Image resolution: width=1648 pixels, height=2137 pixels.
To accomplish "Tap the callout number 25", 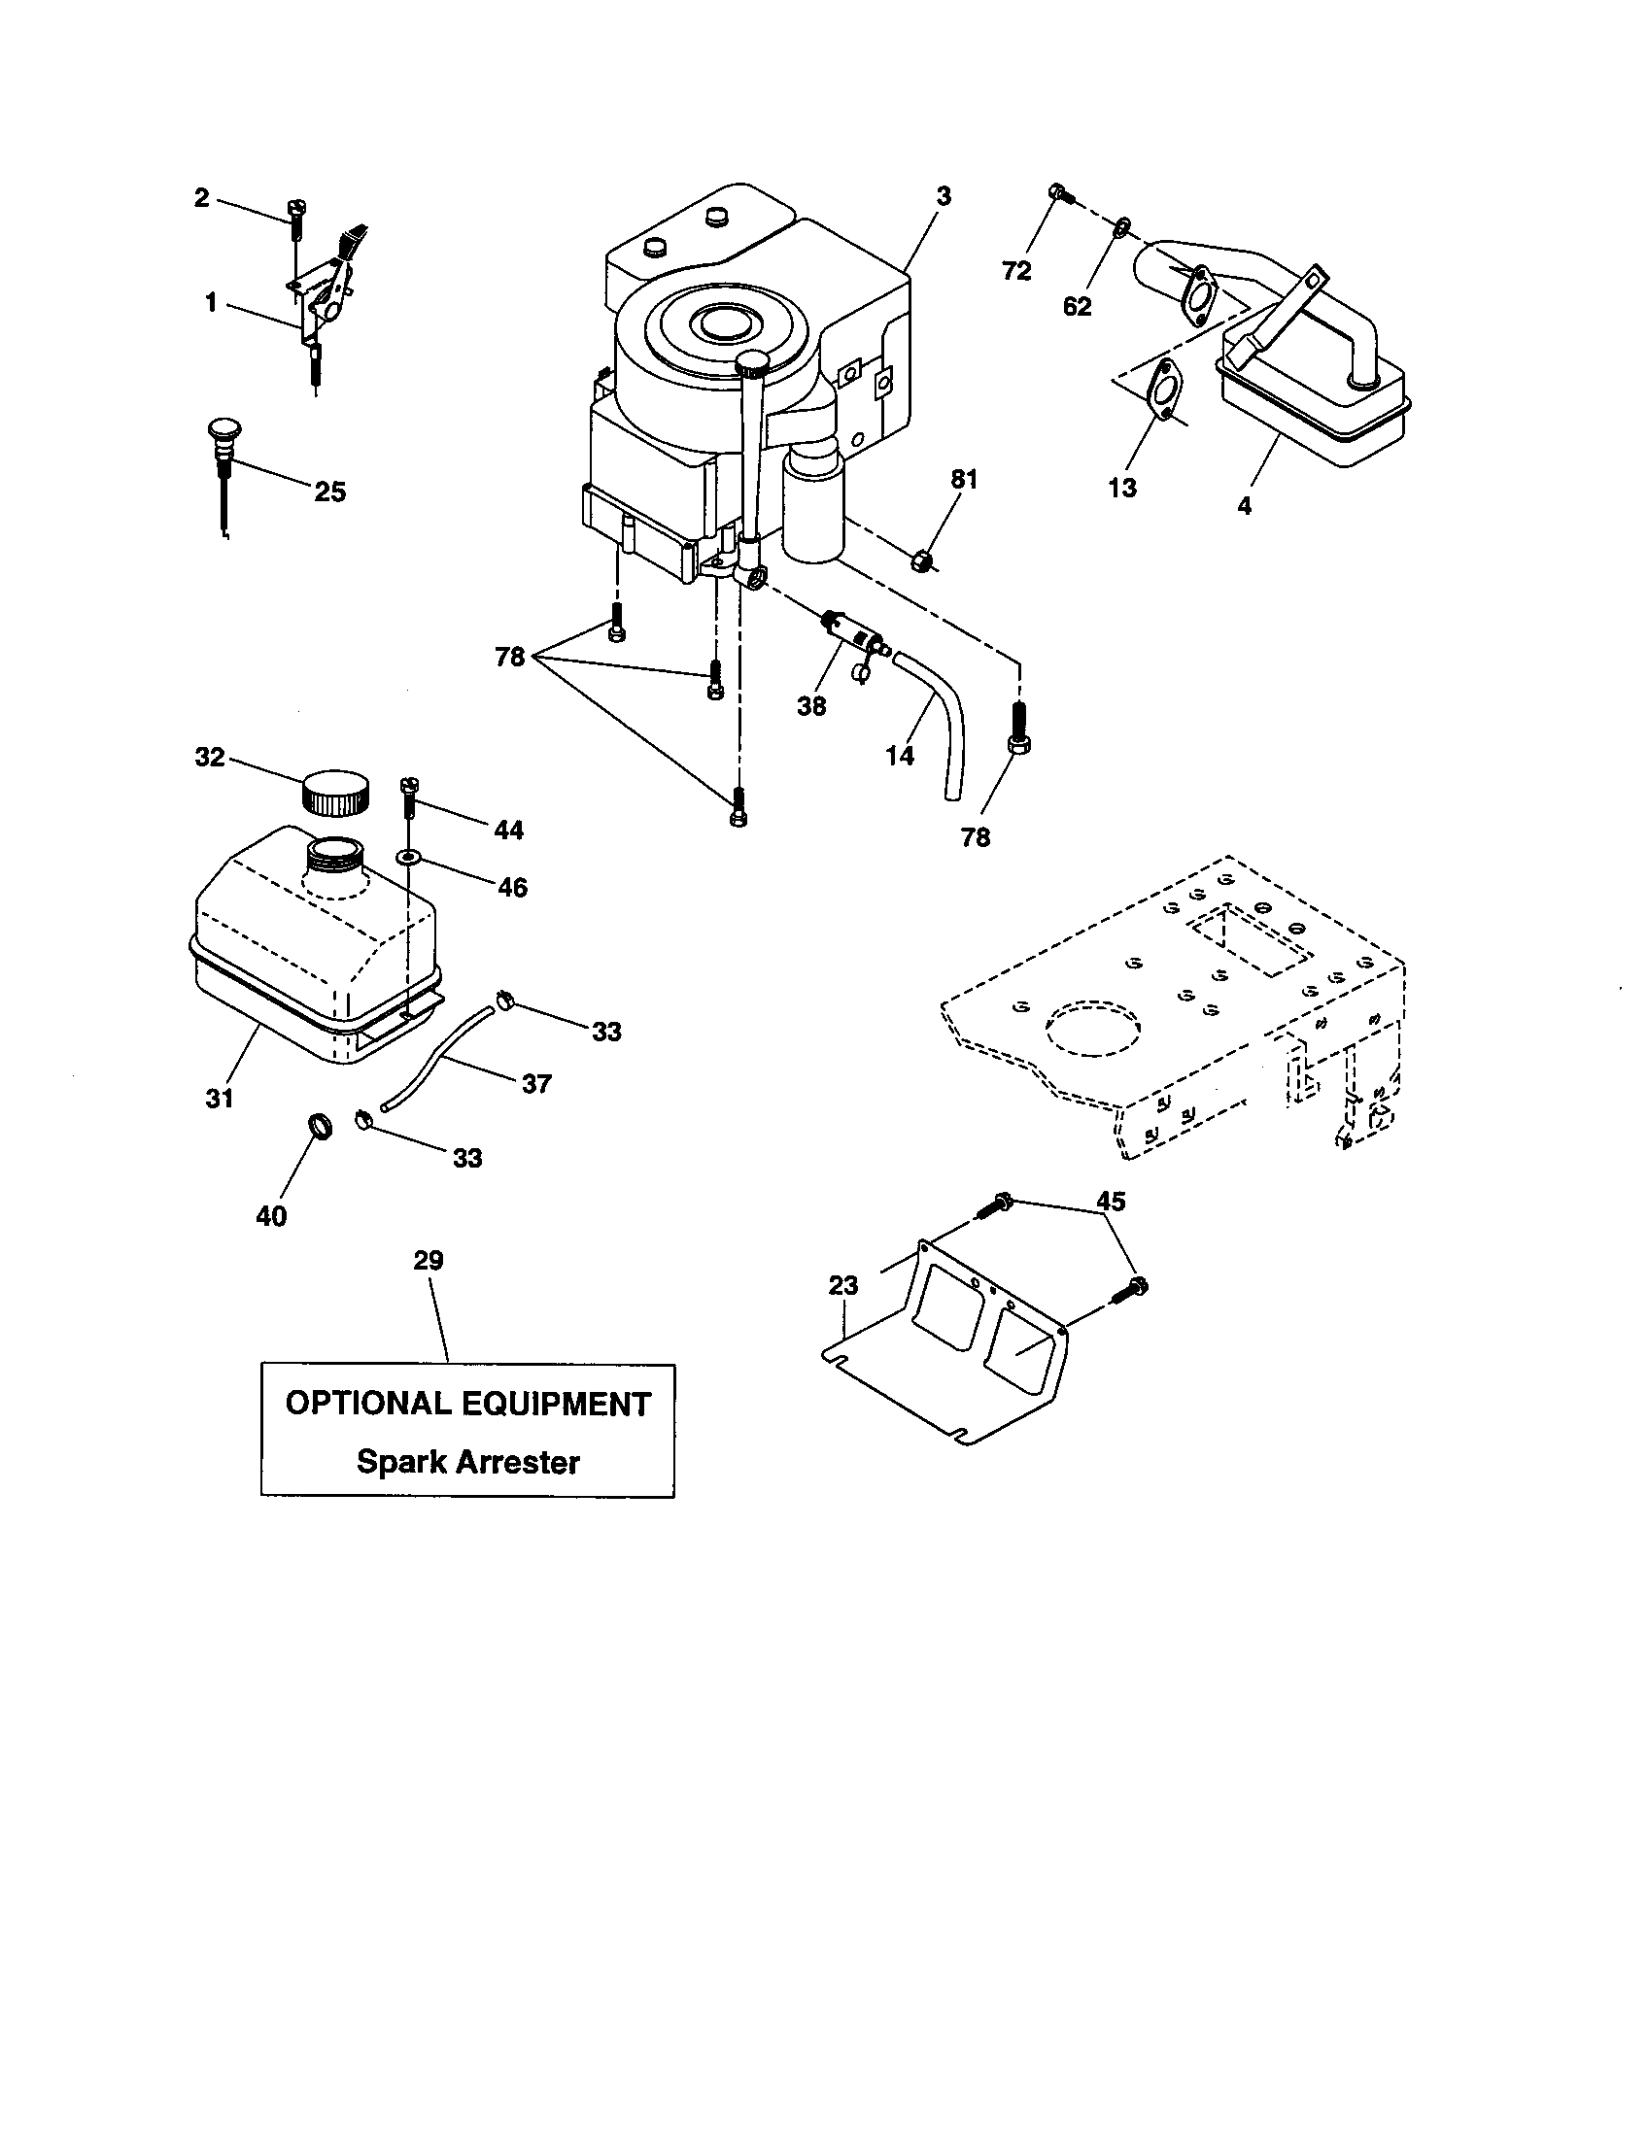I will coord(329,492).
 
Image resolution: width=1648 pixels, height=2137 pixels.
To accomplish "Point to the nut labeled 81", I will coord(922,560).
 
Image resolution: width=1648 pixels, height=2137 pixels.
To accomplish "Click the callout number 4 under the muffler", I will coord(1244,506).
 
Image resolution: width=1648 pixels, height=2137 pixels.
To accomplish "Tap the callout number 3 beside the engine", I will coord(943,196).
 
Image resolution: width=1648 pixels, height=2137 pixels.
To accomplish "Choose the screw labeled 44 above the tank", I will coord(408,797).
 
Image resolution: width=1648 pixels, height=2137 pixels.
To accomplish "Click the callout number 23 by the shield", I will coord(842,1285).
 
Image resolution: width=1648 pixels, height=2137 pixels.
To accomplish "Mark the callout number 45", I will coord(1111,1201).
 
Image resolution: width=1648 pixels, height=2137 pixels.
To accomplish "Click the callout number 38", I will coord(811,705).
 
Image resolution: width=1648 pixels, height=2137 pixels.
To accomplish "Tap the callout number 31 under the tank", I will coord(220,1099).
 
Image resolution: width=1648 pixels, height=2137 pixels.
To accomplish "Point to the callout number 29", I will coord(429,1260).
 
